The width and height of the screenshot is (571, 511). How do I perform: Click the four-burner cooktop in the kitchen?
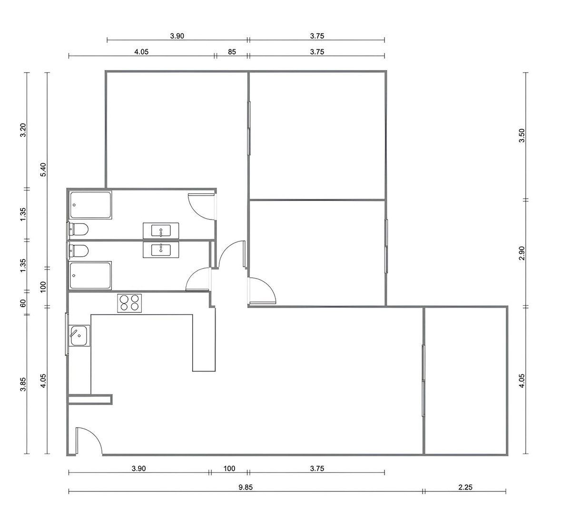[x=129, y=303]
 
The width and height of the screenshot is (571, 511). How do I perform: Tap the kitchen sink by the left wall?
[x=79, y=335]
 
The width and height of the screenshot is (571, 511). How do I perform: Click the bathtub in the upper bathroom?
[x=90, y=205]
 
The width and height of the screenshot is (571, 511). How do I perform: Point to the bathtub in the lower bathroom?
[x=90, y=275]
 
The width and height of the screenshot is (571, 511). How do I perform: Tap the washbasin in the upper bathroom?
[x=161, y=230]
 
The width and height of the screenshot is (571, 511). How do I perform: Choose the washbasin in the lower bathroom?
[x=161, y=250]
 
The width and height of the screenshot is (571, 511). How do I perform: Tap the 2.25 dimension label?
[x=465, y=487]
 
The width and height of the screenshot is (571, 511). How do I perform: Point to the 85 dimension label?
[x=232, y=52]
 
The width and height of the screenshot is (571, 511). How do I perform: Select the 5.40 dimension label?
[x=43, y=170]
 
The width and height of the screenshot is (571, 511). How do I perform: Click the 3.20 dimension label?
[x=23, y=130]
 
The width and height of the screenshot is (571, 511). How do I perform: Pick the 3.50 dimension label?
[x=522, y=135]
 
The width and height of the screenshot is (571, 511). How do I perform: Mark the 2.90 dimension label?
[x=522, y=253]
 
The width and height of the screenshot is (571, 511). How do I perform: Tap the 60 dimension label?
[x=23, y=303]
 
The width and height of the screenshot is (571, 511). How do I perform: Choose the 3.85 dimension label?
[x=23, y=384]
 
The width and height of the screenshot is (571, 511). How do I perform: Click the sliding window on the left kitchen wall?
[x=67, y=334]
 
